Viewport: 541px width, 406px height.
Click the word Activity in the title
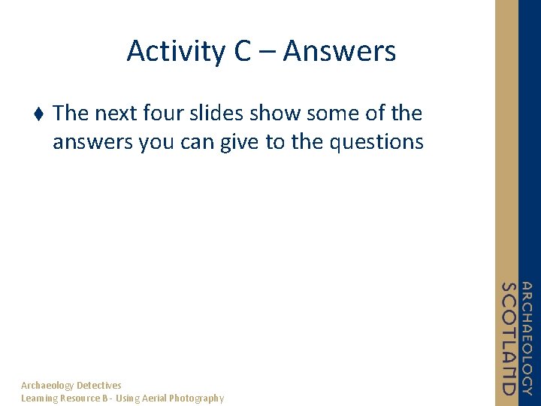click(174, 52)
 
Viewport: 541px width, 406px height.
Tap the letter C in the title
click(243, 52)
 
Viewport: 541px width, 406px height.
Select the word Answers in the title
click(339, 52)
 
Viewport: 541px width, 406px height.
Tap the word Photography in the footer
click(196, 398)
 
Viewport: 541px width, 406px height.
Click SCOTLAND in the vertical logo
click(509, 338)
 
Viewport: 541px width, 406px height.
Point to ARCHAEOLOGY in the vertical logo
click(527, 338)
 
